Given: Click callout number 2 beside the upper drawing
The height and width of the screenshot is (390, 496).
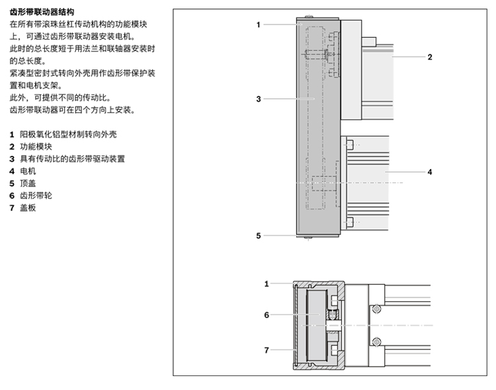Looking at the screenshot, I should (429, 57).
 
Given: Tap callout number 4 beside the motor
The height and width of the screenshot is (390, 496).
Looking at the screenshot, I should (429, 172).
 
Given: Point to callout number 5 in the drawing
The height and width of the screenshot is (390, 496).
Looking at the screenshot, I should (259, 235).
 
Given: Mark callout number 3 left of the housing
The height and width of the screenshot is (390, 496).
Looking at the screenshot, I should (259, 99).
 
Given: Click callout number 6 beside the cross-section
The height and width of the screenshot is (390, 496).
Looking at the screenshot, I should (267, 315).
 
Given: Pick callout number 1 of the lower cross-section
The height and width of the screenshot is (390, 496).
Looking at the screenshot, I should (267, 284).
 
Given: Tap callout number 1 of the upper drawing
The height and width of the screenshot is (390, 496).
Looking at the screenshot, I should (259, 24).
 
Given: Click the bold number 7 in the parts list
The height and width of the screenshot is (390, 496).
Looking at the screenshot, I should (12, 208).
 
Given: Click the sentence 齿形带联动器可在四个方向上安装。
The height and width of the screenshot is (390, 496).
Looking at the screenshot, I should (73, 110).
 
